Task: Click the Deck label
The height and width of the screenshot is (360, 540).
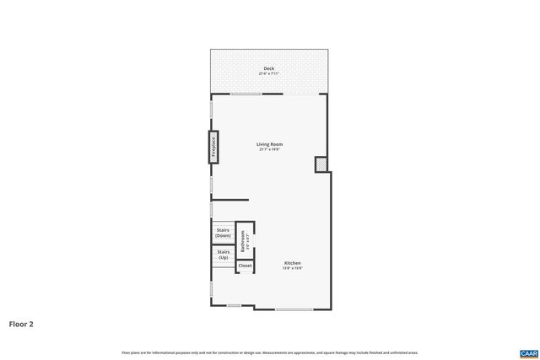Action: tap(269, 68)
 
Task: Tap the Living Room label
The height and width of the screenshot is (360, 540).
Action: tap(270, 144)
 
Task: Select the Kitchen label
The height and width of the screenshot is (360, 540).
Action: tap(293, 262)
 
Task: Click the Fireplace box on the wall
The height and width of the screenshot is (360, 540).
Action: tap(213, 147)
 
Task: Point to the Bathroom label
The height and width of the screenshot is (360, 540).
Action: tap(243, 242)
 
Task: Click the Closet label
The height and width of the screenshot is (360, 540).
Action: tap(245, 266)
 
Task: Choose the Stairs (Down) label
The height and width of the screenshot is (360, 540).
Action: tap(224, 233)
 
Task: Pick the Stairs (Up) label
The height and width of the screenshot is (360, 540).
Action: tap(224, 254)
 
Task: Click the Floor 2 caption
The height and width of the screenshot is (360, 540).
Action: tap(22, 323)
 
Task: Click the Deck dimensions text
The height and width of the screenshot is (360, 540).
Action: tap(269, 73)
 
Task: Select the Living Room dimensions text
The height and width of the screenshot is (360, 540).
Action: tap(270, 149)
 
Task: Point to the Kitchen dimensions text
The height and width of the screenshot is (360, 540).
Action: tap(293, 268)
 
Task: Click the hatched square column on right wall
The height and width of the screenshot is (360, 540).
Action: tap(321, 164)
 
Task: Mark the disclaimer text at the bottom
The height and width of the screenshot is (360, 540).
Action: tap(270, 352)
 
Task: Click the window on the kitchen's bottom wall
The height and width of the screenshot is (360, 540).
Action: tap(294, 309)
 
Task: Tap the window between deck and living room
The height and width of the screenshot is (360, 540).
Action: tap(246, 94)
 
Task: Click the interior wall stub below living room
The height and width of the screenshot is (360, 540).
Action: tap(229, 200)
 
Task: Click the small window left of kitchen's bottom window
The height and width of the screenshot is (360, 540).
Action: tap(234, 305)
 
